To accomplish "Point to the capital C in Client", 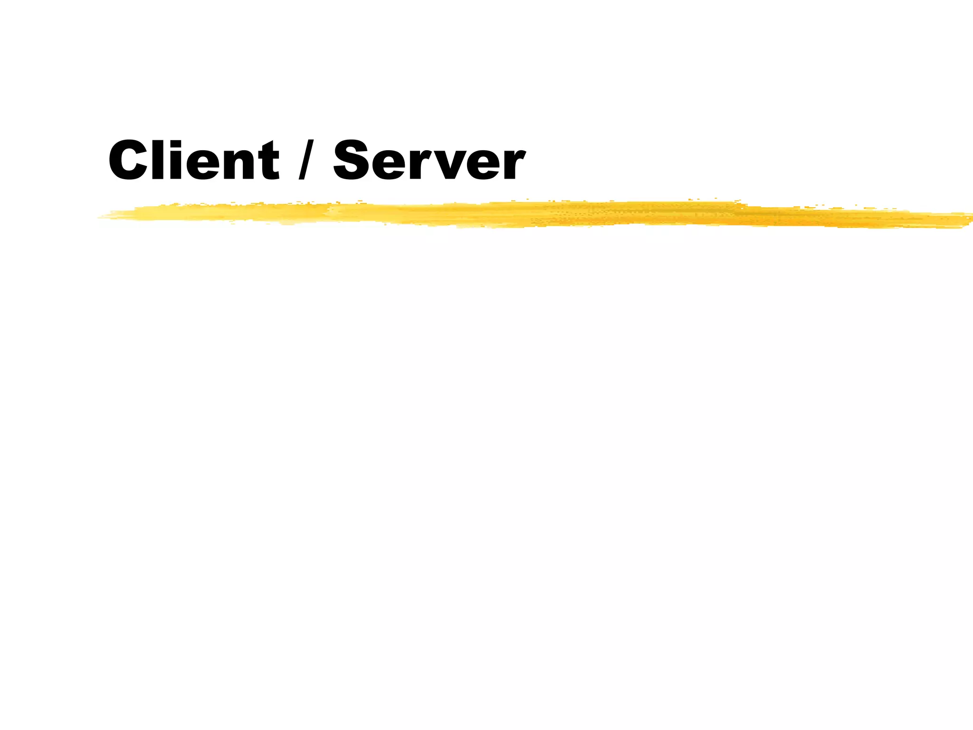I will (x=126, y=160).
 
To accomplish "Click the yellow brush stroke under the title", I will (x=523, y=214).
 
